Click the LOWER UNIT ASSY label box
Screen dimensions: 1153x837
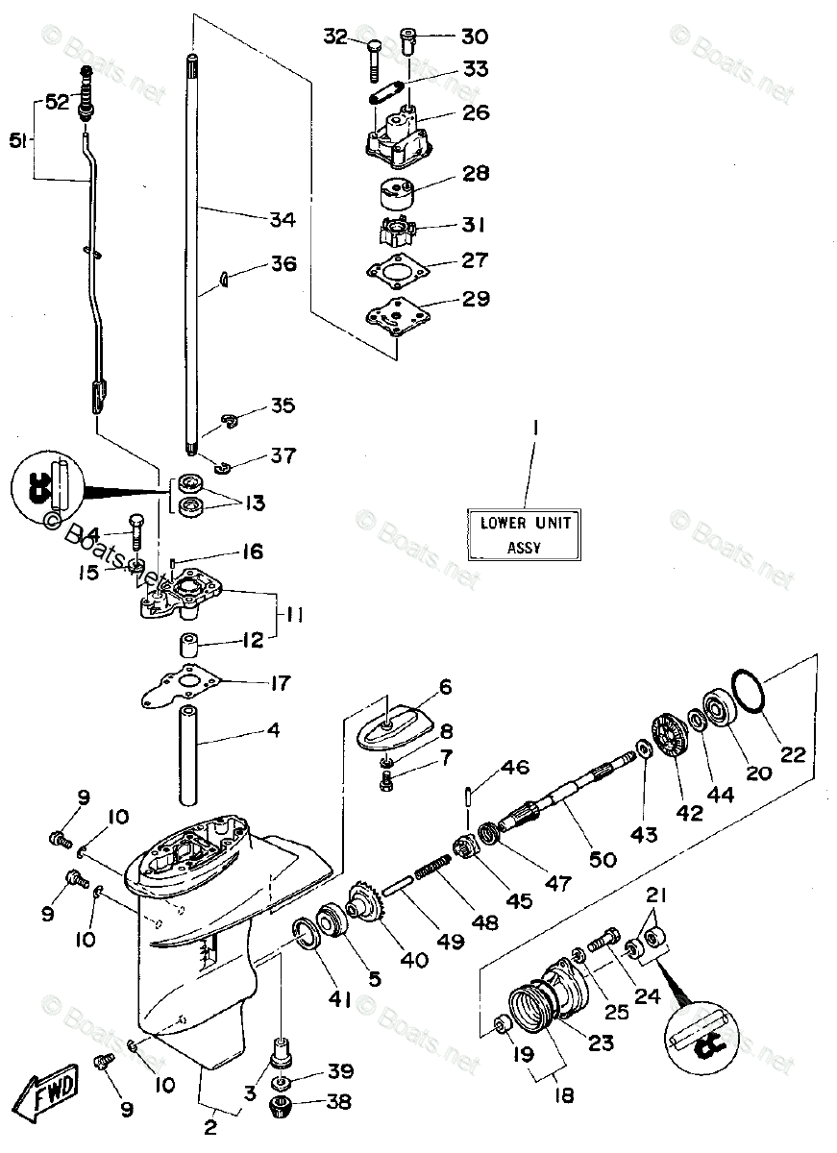[524, 534]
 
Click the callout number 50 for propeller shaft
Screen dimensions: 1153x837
[603, 860]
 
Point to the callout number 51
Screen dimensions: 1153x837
[18, 140]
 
